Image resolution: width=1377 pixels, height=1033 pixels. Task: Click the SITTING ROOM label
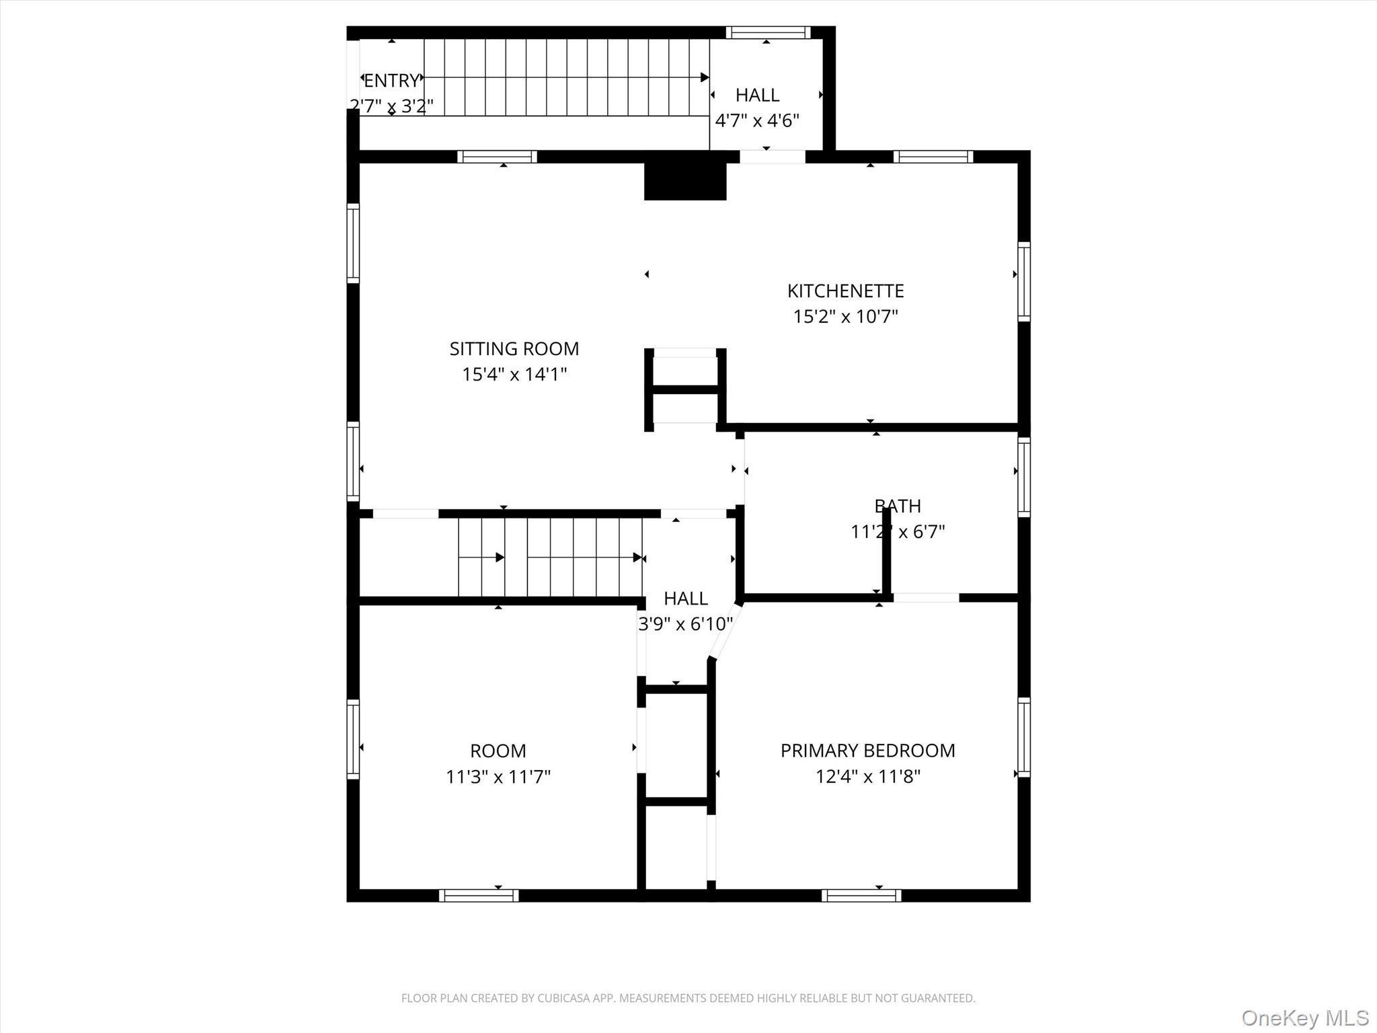(514, 348)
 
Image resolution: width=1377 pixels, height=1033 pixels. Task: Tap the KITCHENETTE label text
(845, 291)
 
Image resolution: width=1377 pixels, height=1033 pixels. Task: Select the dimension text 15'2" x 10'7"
(845, 316)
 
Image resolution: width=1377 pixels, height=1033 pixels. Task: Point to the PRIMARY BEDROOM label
(867, 751)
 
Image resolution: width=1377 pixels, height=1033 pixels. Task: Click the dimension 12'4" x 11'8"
(867, 777)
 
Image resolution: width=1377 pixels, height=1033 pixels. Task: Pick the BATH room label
(898, 506)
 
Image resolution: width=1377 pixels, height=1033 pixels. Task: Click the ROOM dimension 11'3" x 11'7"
(498, 777)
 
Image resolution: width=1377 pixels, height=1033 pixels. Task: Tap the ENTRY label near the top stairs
(391, 81)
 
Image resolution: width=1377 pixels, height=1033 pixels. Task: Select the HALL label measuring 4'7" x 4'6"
(757, 95)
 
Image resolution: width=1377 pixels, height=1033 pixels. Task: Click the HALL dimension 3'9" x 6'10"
(685, 624)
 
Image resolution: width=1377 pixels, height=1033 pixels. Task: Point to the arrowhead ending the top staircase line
(705, 77)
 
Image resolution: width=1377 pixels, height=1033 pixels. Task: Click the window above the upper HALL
(768, 32)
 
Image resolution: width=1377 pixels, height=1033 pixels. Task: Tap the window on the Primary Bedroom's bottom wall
(861, 895)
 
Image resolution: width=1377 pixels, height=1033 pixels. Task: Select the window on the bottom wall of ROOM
(479, 895)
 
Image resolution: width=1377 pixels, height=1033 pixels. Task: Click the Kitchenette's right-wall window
(1023, 281)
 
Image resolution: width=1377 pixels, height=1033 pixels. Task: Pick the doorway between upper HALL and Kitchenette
(772, 157)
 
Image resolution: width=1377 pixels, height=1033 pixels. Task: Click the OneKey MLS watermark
(1305, 1018)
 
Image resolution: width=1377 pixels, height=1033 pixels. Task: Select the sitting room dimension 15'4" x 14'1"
(514, 375)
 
